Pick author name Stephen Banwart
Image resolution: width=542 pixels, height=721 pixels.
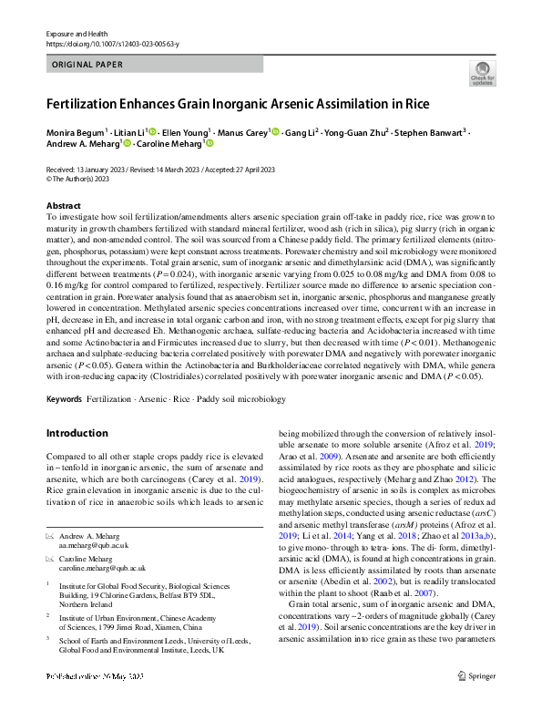[x=429, y=132]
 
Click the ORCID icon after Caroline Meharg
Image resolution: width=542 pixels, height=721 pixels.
[x=209, y=144]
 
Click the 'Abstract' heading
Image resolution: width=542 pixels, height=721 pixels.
[x=63, y=206]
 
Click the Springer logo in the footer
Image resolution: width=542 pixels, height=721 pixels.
[x=476, y=702]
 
